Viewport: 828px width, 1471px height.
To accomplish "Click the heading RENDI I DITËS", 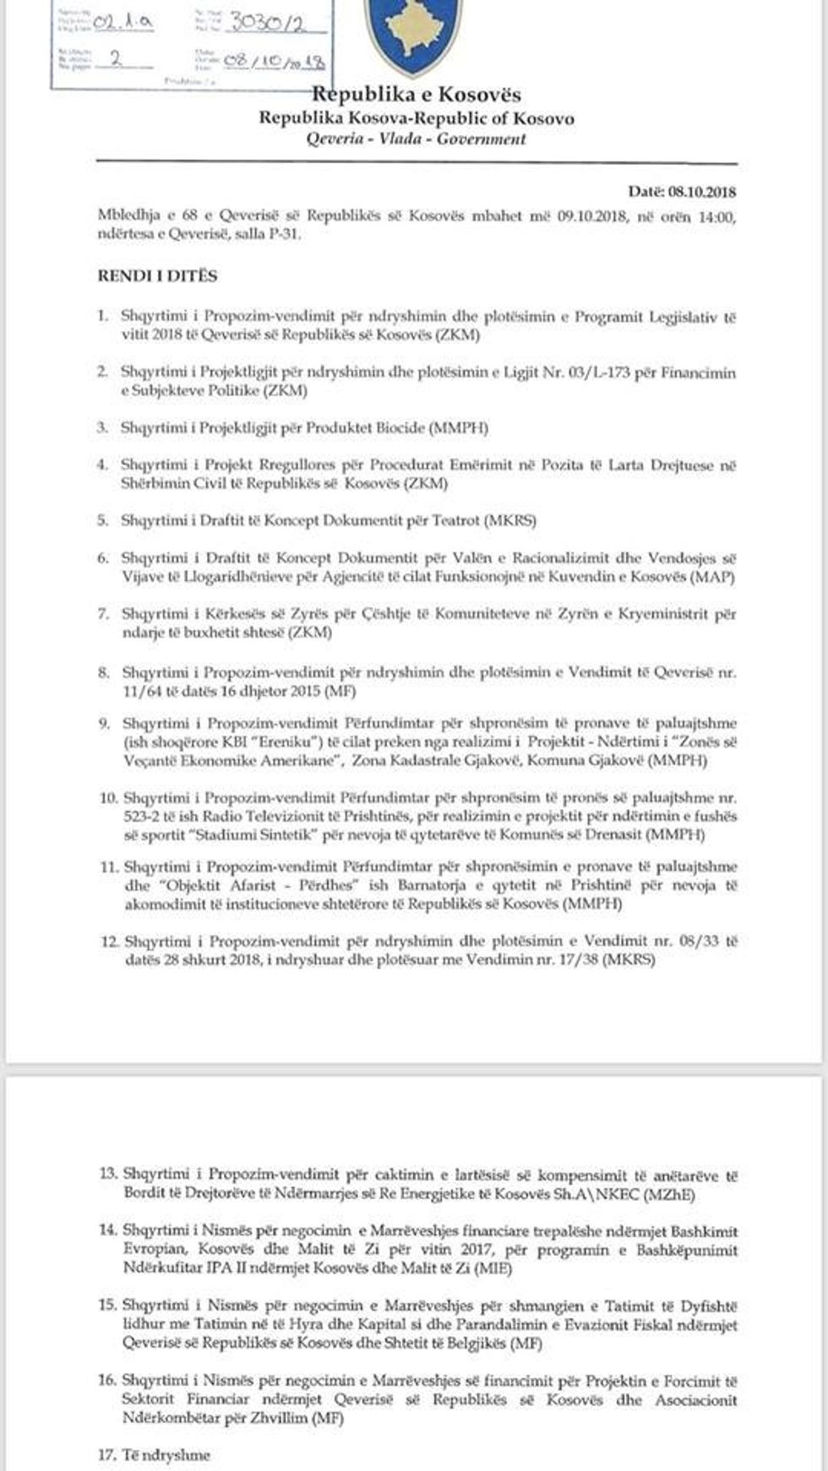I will (x=157, y=276).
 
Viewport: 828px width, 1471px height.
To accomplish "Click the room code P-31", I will (x=281, y=234).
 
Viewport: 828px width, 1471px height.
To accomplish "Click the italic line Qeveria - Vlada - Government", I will (x=416, y=139).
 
